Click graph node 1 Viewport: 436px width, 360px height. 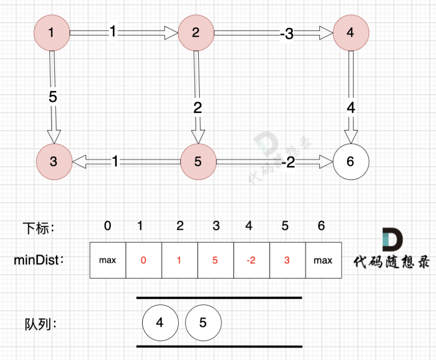[51, 33]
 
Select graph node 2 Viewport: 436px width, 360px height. [196, 33]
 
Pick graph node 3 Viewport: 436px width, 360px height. [54, 162]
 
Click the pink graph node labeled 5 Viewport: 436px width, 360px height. [198, 162]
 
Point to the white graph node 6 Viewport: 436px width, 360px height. [351, 162]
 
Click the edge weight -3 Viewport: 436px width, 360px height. [287, 34]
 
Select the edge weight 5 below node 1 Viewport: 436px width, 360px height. [53, 97]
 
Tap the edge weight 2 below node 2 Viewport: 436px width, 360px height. [198, 107]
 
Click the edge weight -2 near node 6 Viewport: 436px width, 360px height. [289, 162]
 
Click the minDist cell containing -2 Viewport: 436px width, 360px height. [251, 260]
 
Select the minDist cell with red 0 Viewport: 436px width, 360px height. [143, 260]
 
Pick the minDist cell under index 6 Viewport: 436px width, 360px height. [323, 260]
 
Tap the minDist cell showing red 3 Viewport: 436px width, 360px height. [287, 260]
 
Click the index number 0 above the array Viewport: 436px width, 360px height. [107, 226]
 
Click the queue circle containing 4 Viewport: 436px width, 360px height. [160, 322]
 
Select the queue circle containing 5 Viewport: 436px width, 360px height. [203, 322]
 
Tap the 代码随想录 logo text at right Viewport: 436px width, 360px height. [391, 262]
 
